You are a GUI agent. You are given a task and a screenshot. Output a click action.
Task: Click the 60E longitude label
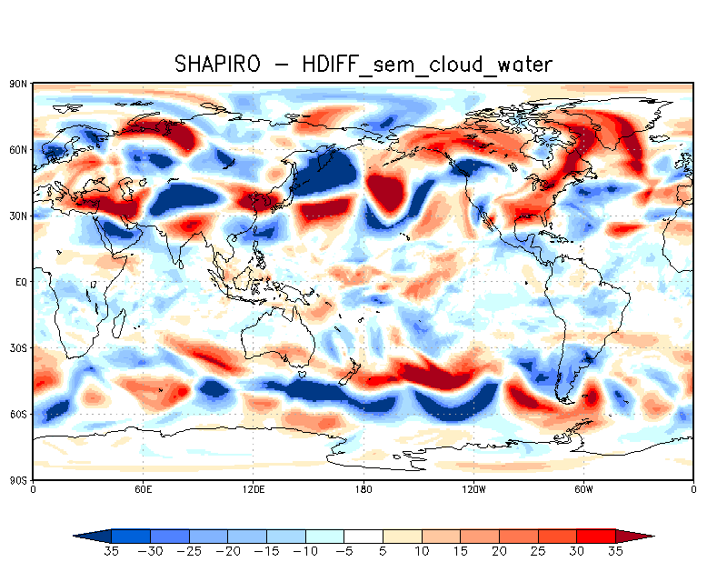point(143,489)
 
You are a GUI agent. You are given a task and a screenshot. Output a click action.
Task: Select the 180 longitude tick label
point(363,489)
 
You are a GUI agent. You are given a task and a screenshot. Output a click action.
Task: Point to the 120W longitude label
point(473,489)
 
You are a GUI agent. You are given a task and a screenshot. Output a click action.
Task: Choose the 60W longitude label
point(583,489)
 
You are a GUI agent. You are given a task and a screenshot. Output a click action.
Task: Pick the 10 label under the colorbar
point(423,551)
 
